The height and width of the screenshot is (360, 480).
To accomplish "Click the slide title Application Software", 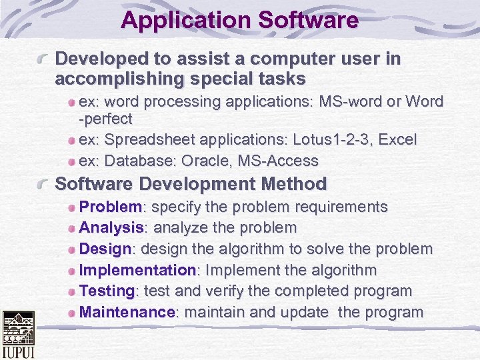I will coord(239,20).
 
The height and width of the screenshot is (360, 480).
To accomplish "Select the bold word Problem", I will coord(110,207).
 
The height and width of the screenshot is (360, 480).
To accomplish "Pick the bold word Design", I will coord(105,249).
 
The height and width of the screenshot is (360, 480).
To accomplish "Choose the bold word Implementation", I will coord(137,271).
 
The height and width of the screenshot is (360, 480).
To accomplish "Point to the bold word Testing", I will coord(107,291).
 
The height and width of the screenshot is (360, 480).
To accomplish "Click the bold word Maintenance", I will coord(127,313).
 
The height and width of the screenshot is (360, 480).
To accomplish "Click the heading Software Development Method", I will coord(191,184).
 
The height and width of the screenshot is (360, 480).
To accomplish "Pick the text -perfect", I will coord(106,119).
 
